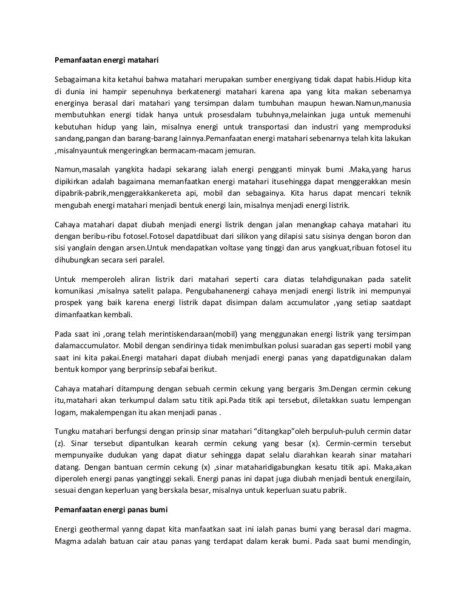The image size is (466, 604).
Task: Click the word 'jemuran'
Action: (240, 151)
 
